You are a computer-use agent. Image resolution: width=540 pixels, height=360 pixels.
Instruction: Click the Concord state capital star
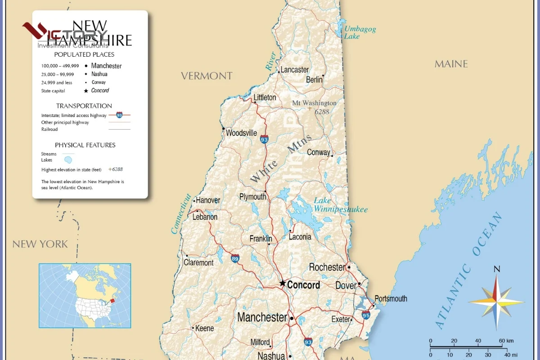pos(283,283)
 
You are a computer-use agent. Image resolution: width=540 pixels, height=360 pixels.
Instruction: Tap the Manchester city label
pos(262,317)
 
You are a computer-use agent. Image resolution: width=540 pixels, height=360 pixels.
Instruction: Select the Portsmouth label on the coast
pos(391,298)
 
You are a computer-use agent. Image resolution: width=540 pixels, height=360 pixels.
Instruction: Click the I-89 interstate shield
pos(235,258)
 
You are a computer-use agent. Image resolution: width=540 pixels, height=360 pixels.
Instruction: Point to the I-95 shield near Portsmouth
pos(366,315)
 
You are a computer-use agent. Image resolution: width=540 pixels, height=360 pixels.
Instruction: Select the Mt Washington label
pos(314,103)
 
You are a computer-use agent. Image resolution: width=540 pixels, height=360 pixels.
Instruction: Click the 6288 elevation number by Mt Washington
pos(322,112)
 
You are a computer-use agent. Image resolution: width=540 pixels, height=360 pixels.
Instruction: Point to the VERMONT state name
pos(207,76)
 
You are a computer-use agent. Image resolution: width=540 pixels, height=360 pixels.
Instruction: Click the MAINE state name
pos(451,64)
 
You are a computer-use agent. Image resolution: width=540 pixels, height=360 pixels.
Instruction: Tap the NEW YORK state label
pos(40,244)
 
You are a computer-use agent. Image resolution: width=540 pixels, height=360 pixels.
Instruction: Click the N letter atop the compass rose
pos(496,269)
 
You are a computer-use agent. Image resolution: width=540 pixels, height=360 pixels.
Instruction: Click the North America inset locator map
pos(85,295)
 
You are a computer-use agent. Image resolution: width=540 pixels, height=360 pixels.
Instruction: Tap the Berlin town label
pos(314,80)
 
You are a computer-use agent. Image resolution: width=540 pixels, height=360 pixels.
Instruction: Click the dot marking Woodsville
pos(223,129)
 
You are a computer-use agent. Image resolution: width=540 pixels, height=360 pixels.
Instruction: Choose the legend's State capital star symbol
pos(86,91)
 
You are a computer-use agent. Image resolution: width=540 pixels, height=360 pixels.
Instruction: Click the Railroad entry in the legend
pos(49,129)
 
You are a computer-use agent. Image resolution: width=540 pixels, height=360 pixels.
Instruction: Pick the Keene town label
pos(204,328)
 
